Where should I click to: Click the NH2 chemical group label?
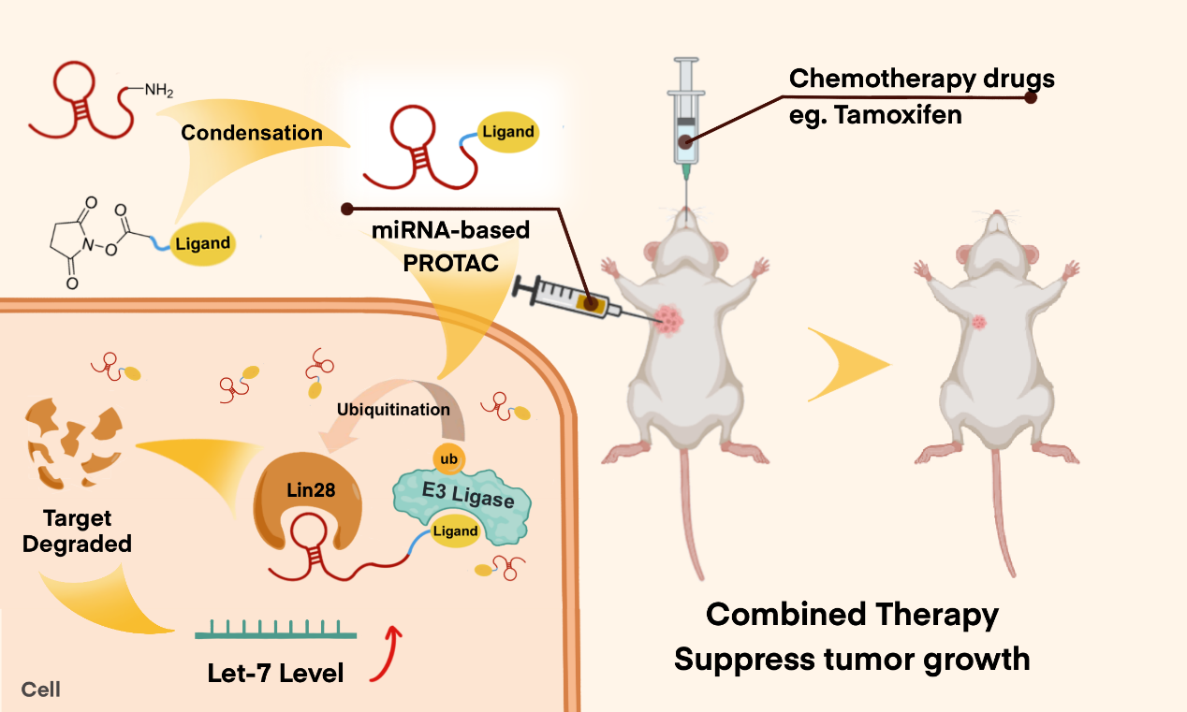point(158,91)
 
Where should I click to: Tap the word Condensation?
point(252,133)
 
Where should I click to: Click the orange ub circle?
point(447,458)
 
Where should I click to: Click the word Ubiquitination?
point(393,410)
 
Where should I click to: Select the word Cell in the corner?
point(41,690)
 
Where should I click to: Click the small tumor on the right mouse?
point(980,323)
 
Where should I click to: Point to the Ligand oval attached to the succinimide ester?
point(203,244)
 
